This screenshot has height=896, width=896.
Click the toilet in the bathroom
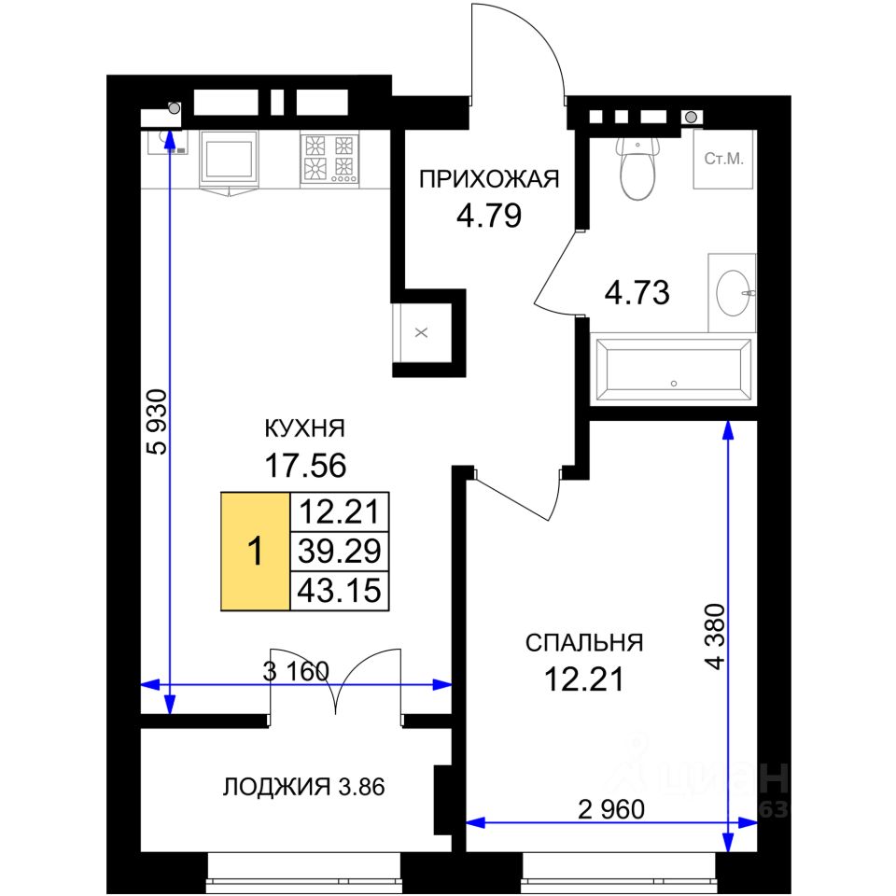637,168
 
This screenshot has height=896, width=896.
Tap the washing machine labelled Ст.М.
723,159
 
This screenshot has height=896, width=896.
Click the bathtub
673,370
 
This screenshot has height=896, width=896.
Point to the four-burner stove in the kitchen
330,159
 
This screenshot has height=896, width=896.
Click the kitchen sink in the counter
228,160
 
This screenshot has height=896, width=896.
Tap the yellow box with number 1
256,552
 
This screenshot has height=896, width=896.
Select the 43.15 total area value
340,590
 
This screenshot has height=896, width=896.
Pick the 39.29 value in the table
340,551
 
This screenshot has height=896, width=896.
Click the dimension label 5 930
157,422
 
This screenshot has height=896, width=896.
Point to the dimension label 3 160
296,671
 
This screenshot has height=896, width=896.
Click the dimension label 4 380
715,636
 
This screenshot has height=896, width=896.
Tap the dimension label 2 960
611,809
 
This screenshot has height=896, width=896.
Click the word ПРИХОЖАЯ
489,179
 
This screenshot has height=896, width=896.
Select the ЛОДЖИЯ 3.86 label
303,787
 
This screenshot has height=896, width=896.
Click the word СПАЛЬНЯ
584,643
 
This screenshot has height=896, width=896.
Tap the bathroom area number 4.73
637,292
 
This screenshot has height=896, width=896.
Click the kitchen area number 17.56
305,465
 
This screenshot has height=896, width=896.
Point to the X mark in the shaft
421,332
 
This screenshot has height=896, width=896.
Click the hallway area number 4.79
489,216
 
